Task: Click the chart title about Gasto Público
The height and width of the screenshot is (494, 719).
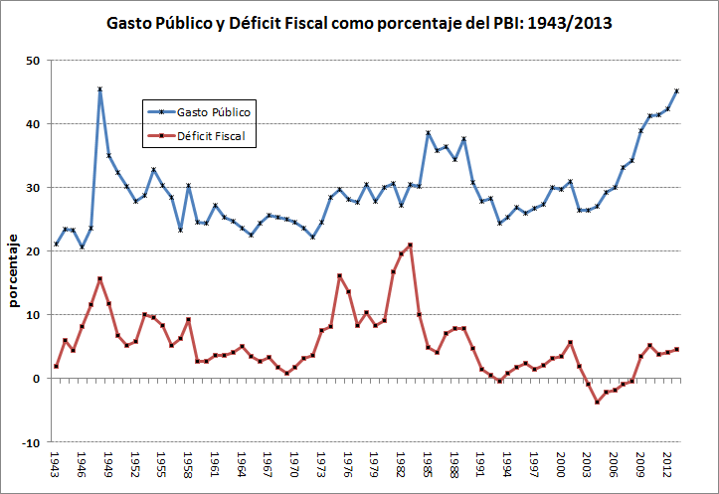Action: point(359,21)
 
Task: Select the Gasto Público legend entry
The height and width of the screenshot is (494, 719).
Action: point(200,112)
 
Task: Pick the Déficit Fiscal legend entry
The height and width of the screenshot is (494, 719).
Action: point(200,136)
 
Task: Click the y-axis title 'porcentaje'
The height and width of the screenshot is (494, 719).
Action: point(14,270)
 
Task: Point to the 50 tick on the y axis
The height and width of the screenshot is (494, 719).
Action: point(32,61)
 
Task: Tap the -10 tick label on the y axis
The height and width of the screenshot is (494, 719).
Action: point(30,442)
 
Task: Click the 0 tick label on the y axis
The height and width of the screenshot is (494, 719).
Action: point(35,379)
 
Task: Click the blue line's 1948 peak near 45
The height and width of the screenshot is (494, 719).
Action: point(100,89)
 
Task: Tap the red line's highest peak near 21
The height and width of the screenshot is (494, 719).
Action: point(410,245)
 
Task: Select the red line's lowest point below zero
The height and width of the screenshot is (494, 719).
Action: point(597,402)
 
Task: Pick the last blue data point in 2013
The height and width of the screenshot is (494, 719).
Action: point(676,91)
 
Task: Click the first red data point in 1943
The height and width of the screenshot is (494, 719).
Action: point(57,367)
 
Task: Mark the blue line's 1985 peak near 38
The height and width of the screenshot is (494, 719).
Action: point(428,133)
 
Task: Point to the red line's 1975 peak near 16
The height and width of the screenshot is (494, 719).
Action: point(339,275)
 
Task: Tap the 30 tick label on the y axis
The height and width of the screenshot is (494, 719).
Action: point(32,188)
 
